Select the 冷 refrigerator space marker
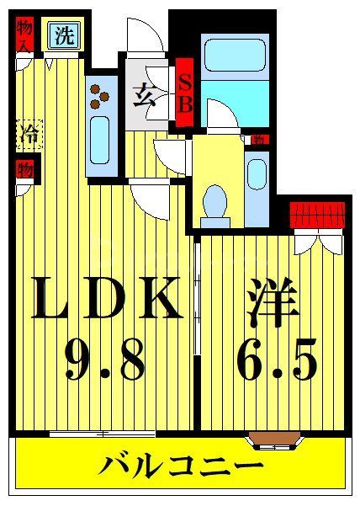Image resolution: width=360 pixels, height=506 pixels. click(x=28, y=132)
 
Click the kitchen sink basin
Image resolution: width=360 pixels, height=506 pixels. click(x=100, y=138)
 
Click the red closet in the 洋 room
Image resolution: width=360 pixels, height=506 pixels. click(x=317, y=215)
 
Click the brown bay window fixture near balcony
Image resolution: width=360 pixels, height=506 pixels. click(x=274, y=438)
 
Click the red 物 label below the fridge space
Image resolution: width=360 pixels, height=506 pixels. click(x=25, y=168)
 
